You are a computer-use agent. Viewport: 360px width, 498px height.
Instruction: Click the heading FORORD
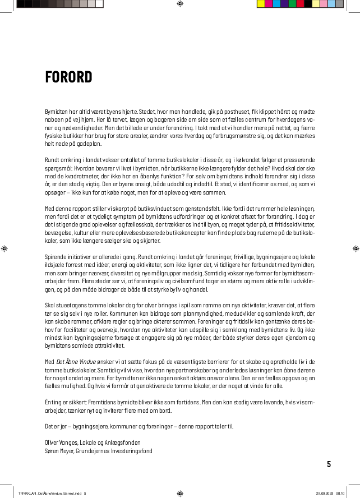(68, 77)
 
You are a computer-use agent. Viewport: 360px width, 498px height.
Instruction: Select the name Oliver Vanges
(60, 442)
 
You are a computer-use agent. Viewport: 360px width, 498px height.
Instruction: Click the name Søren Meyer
(58, 450)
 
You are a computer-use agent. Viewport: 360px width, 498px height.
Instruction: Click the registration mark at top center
(179, 4)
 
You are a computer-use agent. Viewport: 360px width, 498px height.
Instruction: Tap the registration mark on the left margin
(5, 248)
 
